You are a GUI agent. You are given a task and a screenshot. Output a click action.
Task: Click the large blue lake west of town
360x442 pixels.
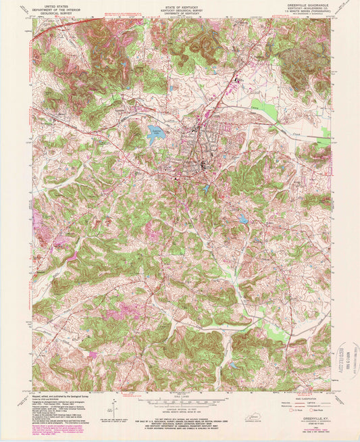click(x=157, y=134)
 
